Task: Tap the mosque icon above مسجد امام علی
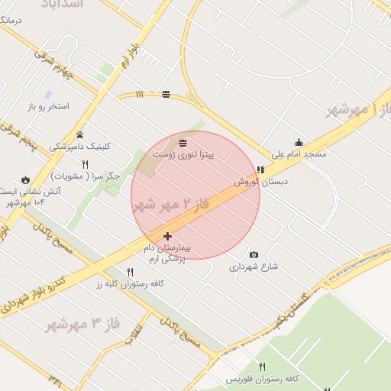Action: click(x=299, y=142)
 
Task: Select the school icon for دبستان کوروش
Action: click(x=260, y=170)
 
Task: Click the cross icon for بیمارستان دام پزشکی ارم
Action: click(x=167, y=236)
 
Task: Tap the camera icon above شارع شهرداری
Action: click(x=254, y=255)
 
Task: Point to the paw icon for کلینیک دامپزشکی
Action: click(x=79, y=134)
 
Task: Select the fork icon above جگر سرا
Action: click(x=85, y=164)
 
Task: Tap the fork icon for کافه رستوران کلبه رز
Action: click(x=130, y=272)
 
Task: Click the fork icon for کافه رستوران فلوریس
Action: click(x=263, y=367)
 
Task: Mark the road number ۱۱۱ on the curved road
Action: click(x=139, y=95)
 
